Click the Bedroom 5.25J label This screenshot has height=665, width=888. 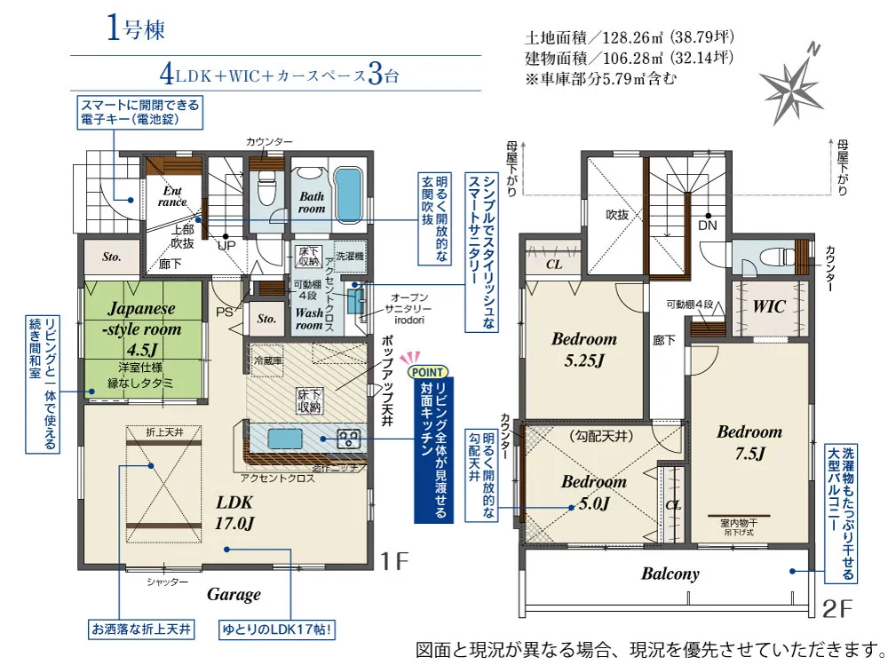tap(583, 349)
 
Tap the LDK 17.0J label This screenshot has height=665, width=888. tap(234, 511)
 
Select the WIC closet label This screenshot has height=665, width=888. tap(769, 306)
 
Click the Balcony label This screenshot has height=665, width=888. tap(670, 574)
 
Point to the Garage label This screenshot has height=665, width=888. tap(234, 594)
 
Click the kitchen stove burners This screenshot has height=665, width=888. tap(347, 438)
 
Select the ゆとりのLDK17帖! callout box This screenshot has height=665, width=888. tap(279, 631)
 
